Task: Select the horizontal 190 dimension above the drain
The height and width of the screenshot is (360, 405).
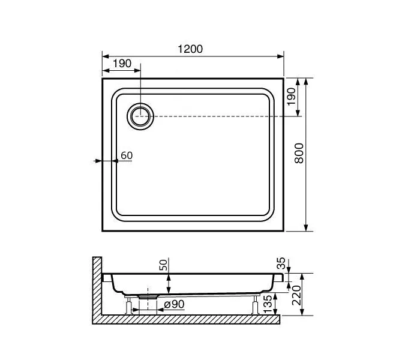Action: click(122, 64)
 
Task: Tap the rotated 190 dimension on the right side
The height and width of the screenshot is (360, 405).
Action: click(292, 97)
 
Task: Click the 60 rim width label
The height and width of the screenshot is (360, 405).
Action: click(126, 155)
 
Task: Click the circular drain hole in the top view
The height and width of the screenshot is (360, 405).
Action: click(141, 115)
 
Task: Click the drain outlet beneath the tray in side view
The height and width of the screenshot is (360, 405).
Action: click(148, 296)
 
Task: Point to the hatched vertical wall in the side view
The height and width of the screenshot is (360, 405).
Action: click(97, 288)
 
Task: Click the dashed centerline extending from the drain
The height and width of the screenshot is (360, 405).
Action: click(228, 116)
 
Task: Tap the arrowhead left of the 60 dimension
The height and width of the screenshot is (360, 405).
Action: click(98, 161)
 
